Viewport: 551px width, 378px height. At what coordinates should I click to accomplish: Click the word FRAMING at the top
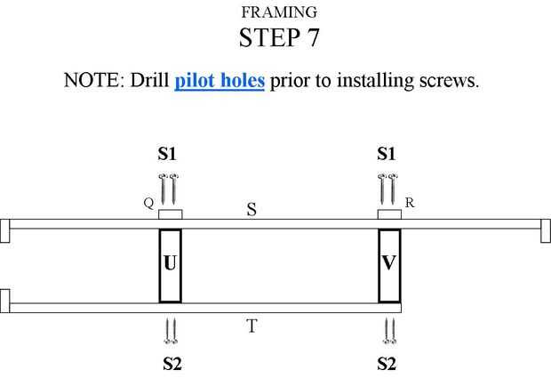coord(278,12)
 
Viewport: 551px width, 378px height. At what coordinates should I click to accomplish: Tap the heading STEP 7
coord(278,37)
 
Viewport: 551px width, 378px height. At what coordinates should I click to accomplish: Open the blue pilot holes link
coord(220,80)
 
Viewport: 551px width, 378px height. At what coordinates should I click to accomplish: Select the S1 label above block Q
coord(168,155)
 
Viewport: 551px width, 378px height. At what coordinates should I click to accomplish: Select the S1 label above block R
coord(387,155)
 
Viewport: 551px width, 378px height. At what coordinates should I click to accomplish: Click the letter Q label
coord(148,203)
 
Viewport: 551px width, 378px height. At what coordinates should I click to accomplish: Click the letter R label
coord(410,203)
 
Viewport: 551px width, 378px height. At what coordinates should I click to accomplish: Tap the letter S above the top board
coord(252,210)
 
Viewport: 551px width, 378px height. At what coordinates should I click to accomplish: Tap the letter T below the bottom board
coord(252,326)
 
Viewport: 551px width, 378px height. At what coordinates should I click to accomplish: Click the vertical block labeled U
coord(170,265)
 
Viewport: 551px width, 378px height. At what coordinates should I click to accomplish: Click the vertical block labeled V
coord(389,265)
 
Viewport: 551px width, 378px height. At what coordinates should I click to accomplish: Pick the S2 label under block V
coord(387,364)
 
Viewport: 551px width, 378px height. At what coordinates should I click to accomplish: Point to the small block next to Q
coord(170,214)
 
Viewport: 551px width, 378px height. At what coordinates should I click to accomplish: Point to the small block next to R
coord(388,214)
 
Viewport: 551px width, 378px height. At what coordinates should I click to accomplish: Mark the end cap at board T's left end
coord(4,301)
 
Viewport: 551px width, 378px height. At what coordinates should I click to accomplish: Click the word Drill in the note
coord(151,80)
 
